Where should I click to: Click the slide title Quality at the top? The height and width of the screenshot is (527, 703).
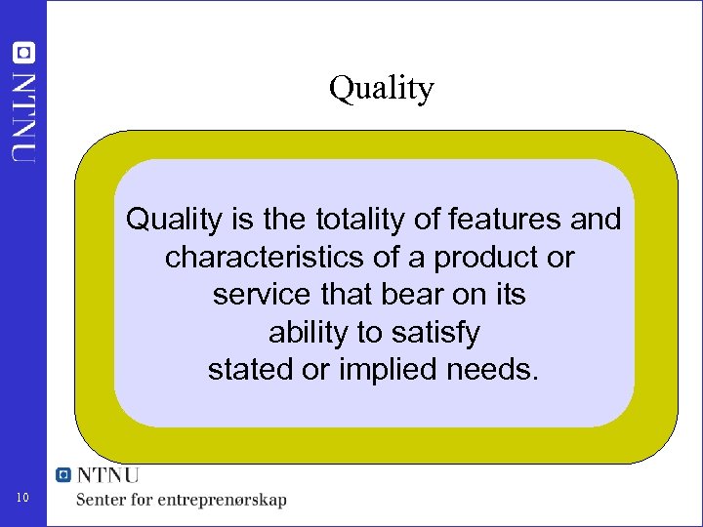[x=381, y=89]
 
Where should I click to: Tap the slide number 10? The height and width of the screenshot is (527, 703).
[x=24, y=500]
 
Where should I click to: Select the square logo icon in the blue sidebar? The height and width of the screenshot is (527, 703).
[x=22, y=53]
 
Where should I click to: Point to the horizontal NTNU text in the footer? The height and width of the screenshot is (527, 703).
[x=108, y=475]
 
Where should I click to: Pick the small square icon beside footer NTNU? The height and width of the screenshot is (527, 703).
[x=64, y=475]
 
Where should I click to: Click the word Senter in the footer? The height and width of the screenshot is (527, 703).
[x=104, y=500]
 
